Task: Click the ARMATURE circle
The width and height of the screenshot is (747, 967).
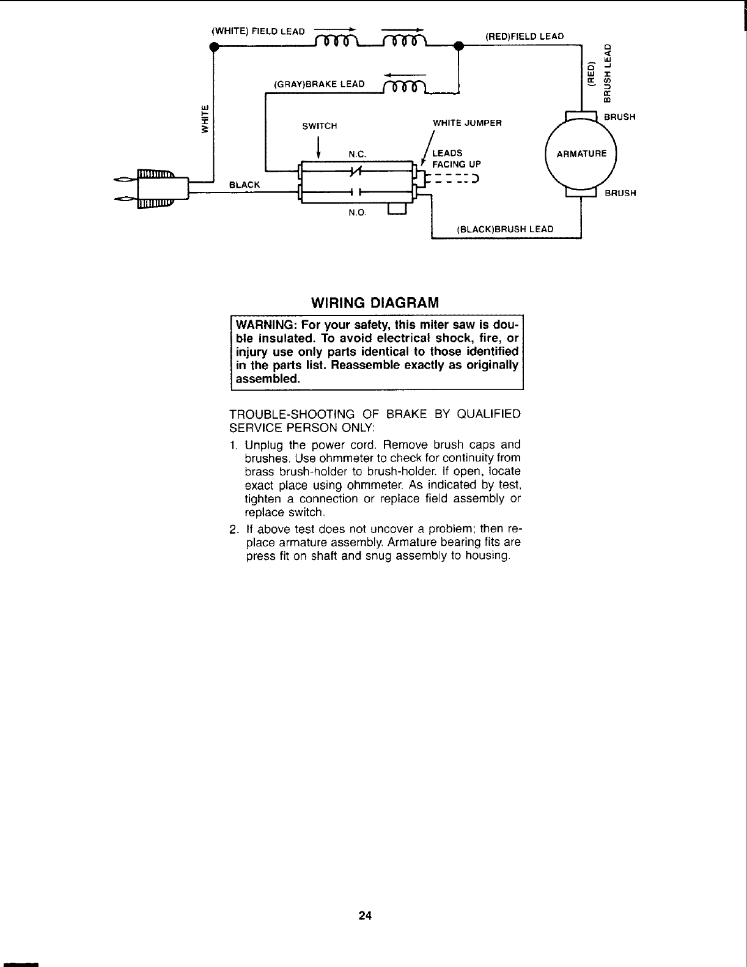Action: pos(581,153)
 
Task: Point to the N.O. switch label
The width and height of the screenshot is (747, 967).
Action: pos(356,213)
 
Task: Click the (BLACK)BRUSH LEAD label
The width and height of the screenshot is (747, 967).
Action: pos(505,229)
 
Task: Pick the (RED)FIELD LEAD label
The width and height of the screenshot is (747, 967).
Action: pos(524,36)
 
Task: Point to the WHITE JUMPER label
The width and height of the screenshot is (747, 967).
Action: pos(467,123)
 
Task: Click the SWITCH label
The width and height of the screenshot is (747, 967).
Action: pos(320,126)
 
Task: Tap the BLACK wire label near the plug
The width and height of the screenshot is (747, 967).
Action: pos(244,184)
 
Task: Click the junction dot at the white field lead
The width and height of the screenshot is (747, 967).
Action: pos(213,46)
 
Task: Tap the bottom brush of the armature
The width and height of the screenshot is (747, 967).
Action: pos(581,193)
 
